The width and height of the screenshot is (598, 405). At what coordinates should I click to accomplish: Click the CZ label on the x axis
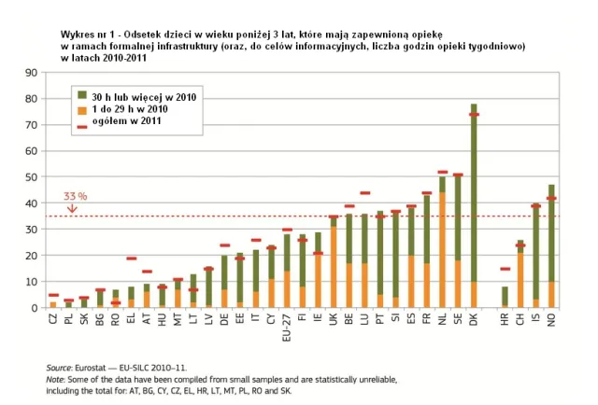53,319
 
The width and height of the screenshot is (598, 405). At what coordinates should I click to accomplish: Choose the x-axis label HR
505,319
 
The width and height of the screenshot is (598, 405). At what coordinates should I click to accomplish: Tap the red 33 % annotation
75,197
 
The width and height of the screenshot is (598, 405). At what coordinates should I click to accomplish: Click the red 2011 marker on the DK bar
474,115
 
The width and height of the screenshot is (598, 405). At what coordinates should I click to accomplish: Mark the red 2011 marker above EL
131,258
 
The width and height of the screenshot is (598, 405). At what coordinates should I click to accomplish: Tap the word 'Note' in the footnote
57,381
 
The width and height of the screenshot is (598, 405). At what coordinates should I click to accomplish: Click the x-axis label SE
458,319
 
